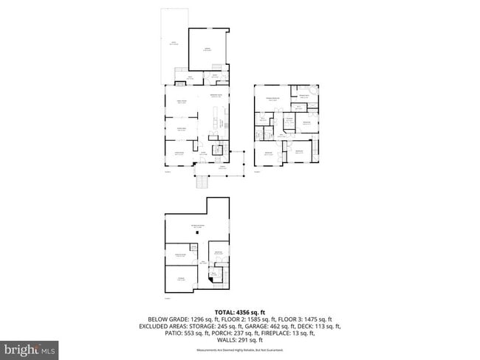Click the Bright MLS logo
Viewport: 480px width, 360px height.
[30, 347]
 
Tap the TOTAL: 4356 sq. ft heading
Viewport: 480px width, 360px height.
[240, 312]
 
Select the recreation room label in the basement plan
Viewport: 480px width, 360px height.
[197, 226]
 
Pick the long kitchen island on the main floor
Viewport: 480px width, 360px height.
[216, 122]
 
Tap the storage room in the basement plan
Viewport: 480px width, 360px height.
[180, 278]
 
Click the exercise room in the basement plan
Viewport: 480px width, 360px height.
[179, 256]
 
